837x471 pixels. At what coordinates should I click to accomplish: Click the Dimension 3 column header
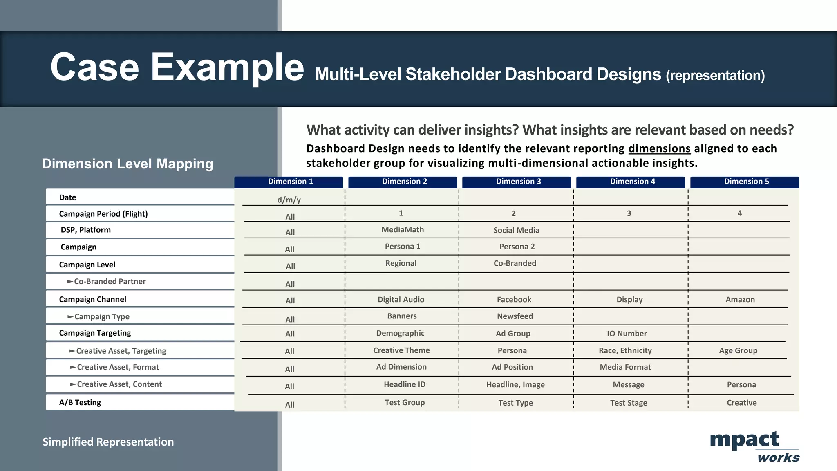(518, 182)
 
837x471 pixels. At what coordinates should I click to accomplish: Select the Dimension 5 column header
(746, 182)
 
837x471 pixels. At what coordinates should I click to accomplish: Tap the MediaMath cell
(402, 230)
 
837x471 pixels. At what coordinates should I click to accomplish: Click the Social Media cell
(516, 230)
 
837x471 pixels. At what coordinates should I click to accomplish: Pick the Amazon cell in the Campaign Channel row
(740, 300)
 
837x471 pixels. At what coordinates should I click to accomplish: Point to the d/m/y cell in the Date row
(289, 200)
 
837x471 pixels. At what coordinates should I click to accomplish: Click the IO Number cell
(627, 334)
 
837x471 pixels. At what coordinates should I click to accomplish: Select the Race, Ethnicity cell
(625, 350)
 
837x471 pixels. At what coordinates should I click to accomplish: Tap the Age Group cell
(738, 350)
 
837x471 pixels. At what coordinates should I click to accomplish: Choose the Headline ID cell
(404, 384)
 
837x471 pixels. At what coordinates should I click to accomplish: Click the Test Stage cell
(628, 403)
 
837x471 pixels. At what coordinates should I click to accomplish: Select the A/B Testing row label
(80, 402)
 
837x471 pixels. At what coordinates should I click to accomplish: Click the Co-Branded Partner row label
(110, 281)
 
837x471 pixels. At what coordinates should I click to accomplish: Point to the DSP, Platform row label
(86, 230)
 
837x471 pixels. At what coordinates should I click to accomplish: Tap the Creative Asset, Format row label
(118, 367)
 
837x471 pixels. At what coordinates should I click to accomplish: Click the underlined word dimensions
(659, 148)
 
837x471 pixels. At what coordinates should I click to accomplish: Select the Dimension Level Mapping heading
(128, 164)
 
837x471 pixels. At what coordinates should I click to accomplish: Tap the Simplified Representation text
(108, 442)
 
